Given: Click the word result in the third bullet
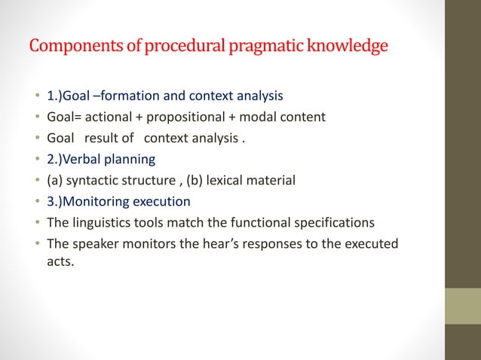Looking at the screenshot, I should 100,138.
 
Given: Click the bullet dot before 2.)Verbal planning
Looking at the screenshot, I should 37,160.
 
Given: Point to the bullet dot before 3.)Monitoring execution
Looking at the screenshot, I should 37,202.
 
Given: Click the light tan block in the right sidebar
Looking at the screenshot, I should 463,306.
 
